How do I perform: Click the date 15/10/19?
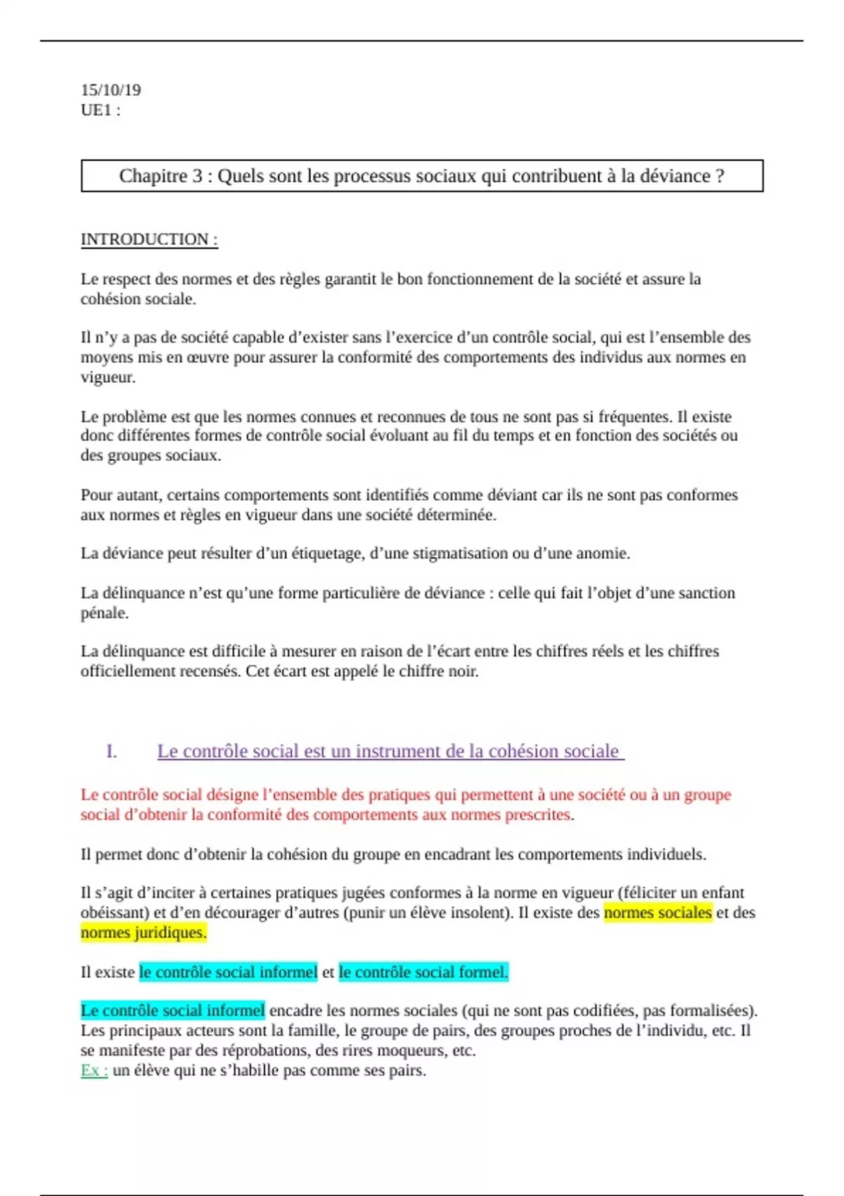110,90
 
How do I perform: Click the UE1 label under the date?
100,110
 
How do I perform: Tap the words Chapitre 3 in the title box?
160,176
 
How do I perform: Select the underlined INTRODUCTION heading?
149,239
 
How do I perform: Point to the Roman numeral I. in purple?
111,751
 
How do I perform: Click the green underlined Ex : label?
94,1071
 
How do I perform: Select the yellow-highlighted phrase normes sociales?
658,913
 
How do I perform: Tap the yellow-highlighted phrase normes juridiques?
143,933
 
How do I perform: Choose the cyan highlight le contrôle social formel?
423,972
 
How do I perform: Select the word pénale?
104,613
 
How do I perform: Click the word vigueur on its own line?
107,377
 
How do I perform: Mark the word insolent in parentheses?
485,913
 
